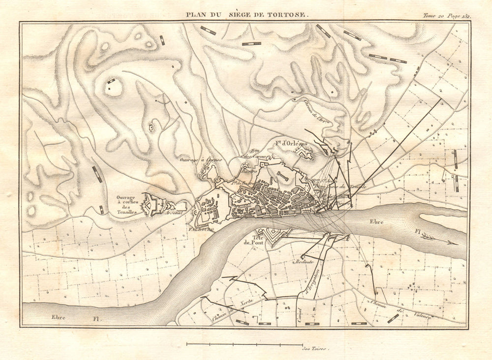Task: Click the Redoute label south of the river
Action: click(x=306, y=262)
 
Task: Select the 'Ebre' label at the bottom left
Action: click(x=59, y=317)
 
